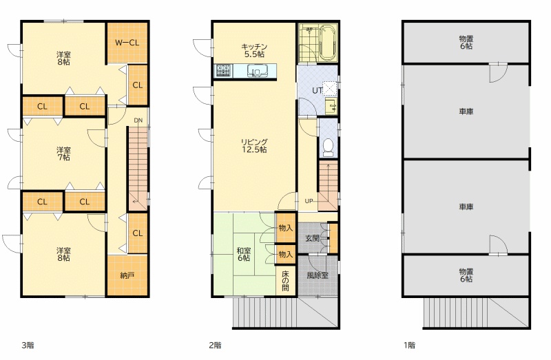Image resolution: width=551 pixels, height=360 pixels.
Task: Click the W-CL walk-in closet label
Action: pyautogui.click(x=127, y=43)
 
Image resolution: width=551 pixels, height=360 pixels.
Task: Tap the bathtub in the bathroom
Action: pyautogui.click(x=329, y=43)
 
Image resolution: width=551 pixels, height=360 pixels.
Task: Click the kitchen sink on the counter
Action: pyautogui.click(x=257, y=71)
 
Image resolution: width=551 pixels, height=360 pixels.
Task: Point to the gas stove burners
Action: pyautogui.click(x=223, y=71)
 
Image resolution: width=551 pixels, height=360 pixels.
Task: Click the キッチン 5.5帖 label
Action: pyautogui.click(x=254, y=50)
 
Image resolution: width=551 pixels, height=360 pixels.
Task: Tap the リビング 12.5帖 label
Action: pyautogui.click(x=254, y=146)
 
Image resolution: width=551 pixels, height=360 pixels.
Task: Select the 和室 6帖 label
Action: pyautogui.click(x=244, y=254)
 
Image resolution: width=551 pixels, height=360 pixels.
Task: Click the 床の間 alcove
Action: pyautogui.click(x=285, y=282)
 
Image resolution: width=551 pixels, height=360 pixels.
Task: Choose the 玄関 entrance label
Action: pyautogui.click(x=312, y=238)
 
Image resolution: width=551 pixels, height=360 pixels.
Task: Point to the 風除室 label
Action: pyautogui.click(x=318, y=276)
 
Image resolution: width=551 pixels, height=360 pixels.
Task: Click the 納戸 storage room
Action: pyautogui.click(x=127, y=276)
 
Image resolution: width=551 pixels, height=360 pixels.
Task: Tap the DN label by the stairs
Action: pyautogui.click(x=138, y=120)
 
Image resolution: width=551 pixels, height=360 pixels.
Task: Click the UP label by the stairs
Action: pyautogui.click(x=309, y=201)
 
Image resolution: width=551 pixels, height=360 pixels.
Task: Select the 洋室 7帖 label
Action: pyautogui.click(x=63, y=153)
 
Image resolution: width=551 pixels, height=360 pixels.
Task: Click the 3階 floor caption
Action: pyautogui.click(x=28, y=346)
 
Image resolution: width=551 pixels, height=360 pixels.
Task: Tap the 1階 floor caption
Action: pyautogui.click(x=409, y=346)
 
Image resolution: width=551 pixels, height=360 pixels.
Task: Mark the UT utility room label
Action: pyautogui.click(x=317, y=90)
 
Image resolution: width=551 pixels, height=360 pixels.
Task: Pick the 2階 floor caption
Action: pyautogui.click(x=215, y=346)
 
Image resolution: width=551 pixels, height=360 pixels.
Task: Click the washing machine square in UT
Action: pyautogui.click(x=330, y=89)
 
